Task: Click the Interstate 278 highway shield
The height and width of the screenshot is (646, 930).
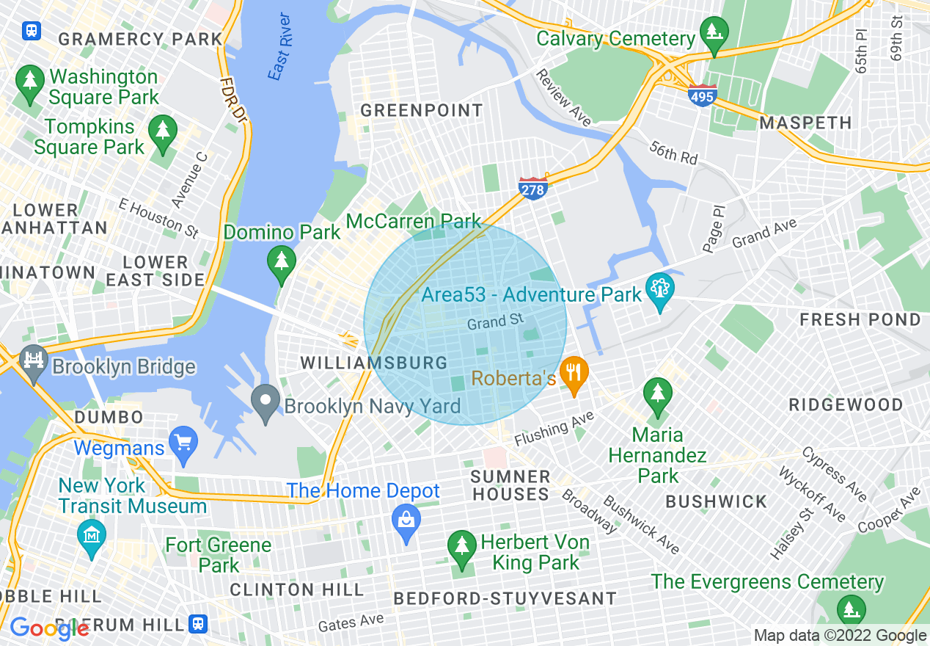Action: [533, 189]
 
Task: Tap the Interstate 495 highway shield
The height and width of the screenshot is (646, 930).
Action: [702, 95]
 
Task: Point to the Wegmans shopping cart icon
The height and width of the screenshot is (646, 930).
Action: [183, 443]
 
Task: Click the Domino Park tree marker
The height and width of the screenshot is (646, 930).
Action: [281, 262]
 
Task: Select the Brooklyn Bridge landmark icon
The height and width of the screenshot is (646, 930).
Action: [33, 361]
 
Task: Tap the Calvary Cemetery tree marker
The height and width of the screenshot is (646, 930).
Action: [712, 34]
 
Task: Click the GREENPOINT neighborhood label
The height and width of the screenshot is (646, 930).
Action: [422, 111]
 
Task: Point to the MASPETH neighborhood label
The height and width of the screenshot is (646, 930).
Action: [805, 123]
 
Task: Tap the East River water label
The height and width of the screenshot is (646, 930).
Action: [279, 47]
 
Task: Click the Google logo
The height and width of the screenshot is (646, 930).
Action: [49, 628]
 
